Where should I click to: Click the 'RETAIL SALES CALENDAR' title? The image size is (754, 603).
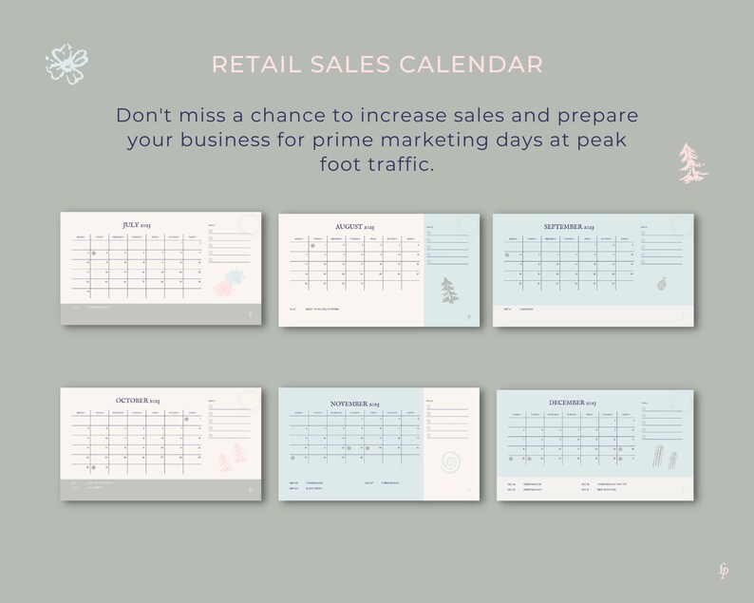point(377,65)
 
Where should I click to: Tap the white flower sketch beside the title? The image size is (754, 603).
point(66,63)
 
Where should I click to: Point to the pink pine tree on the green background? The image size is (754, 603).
point(693,163)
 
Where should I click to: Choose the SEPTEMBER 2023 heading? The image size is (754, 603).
point(569,227)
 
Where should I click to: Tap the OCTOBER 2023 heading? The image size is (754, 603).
point(140,401)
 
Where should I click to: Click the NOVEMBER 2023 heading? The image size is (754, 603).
point(354,404)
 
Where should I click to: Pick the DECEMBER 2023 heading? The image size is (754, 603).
point(570,403)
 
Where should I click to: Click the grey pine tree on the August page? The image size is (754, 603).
point(448,292)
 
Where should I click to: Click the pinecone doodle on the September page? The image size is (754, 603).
point(661,284)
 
